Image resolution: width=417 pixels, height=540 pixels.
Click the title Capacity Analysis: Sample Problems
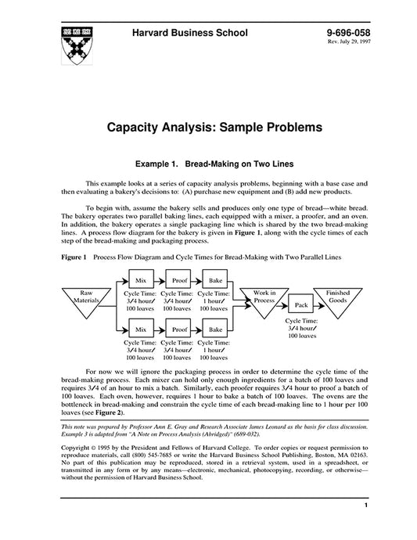209,126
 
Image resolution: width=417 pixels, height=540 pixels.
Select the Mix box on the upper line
141,279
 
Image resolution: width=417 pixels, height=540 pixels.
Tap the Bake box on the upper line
214,279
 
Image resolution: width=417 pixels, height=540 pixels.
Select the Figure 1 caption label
73,257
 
